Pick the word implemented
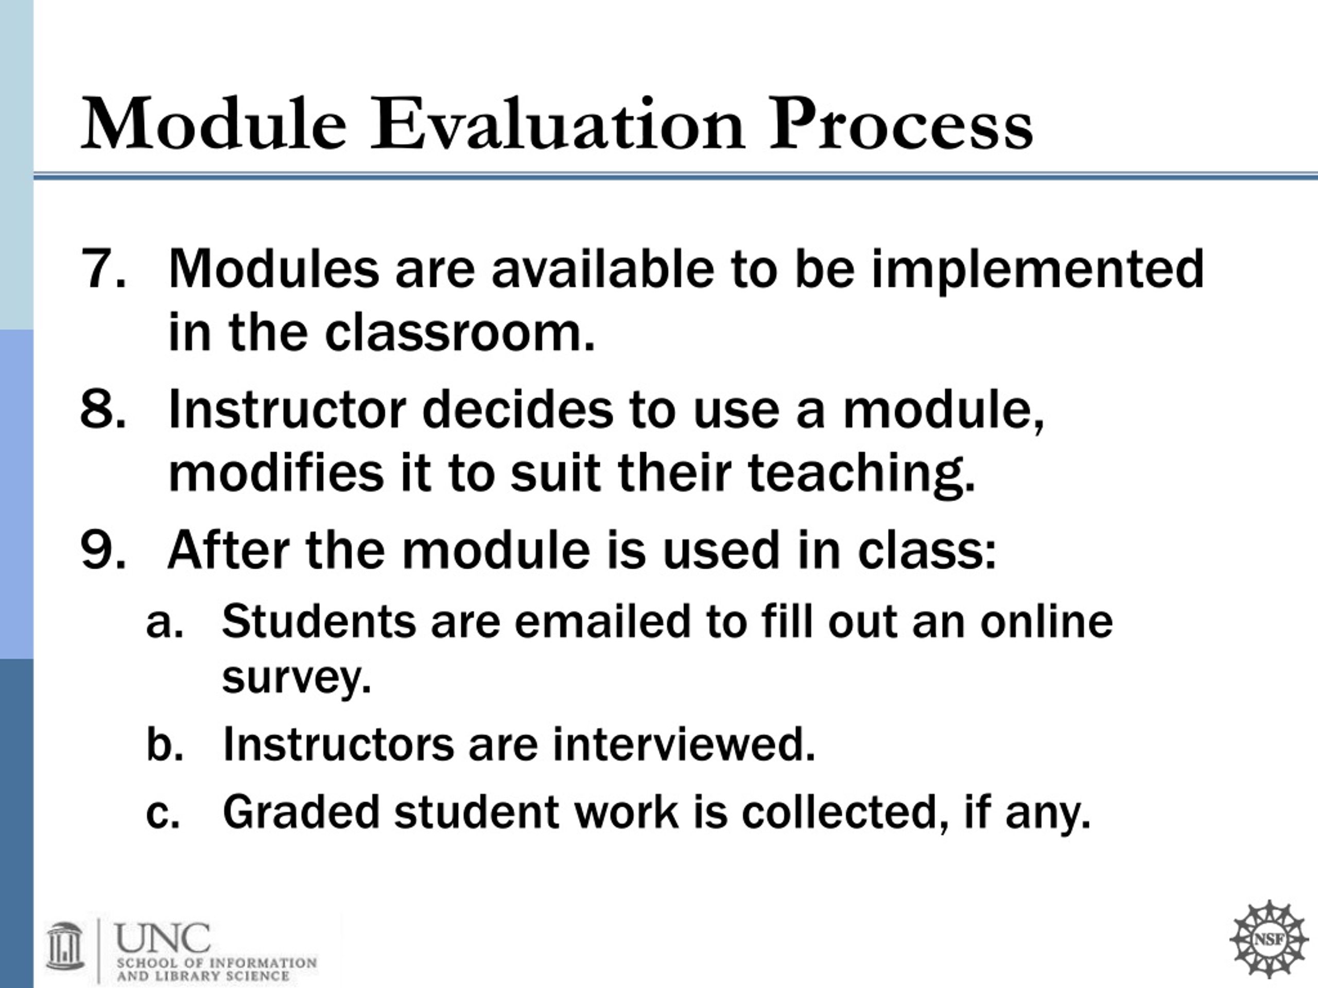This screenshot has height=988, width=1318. (x=1038, y=271)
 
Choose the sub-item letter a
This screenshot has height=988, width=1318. (x=164, y=622)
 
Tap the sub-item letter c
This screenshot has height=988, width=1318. (x=163, y=813)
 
